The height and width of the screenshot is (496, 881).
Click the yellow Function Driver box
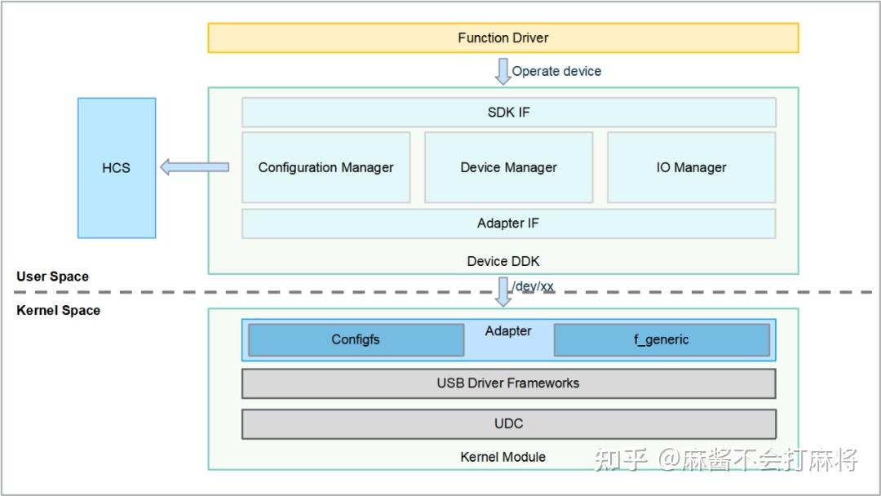502,38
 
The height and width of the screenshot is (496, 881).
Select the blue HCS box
116,168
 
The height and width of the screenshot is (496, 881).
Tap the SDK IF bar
507,112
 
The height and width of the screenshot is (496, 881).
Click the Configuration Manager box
325,167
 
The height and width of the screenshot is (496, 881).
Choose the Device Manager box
508,167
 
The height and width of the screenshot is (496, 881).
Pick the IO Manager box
691,167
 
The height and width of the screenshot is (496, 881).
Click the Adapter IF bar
507,224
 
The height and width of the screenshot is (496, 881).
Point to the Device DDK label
502,262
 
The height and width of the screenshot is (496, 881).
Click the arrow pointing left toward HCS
194,167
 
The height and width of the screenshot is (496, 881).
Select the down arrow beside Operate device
502,71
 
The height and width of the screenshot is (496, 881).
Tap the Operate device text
556,71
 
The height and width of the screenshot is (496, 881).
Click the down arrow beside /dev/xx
502,291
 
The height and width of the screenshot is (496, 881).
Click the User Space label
52,277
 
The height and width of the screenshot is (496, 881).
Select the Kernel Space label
58,311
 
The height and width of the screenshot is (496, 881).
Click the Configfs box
356,340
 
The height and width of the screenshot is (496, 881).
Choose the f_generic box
661,340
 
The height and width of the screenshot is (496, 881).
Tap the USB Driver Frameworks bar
507,383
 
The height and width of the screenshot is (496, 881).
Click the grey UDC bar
507,424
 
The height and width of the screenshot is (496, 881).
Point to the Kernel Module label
502,457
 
